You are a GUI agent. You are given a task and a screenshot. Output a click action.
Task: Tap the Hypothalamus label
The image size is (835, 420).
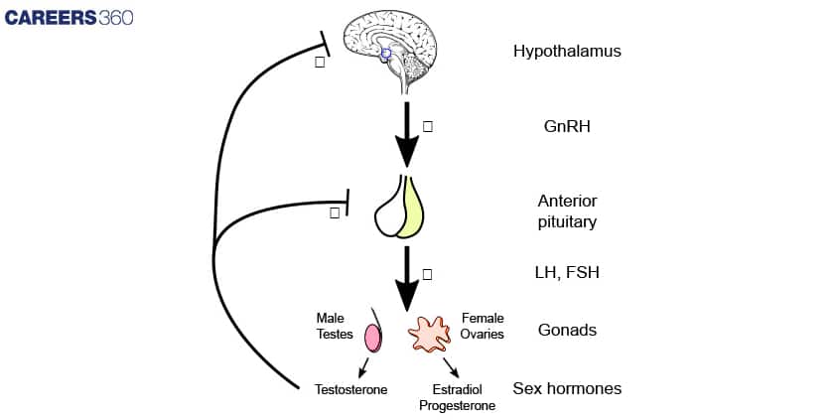pyautogui.click(x=567, y=50)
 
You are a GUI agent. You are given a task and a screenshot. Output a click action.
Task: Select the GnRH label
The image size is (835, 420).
pyautogui.click(x=567, y=127)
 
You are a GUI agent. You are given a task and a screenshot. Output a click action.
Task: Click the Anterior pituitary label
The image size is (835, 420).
pyautogui.click(x=567, y=211)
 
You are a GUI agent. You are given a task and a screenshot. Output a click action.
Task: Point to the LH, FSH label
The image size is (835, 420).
pyautogui.click(x=567, y=272)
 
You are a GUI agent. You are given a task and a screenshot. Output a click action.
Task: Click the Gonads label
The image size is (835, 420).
pyautogui.click(x=567, y=329)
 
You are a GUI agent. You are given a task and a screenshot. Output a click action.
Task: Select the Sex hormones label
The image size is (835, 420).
pyautogui.click(x=567, y=388)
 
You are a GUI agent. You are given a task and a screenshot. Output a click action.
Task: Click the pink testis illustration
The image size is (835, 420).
pyautogui.click(x=373, y=338)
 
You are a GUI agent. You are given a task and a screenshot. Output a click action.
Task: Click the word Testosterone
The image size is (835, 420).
pyautogui.click(x=350, y=389)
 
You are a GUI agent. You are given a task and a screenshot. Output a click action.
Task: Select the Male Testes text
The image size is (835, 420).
pyautogui.click(x=335, y=326)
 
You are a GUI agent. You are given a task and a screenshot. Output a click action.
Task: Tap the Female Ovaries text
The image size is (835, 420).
pyautogui.click(x=483, y=326)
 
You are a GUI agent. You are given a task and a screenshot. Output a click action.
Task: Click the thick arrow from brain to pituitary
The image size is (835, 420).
pyautogui.click(x=407, y=134)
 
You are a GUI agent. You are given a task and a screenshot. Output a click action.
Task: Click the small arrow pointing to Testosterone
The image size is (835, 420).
pyautogui.click(x=363, y=366)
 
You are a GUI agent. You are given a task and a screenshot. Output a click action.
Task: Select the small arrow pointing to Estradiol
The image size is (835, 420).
pyautogui.click(x=450, y=367)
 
